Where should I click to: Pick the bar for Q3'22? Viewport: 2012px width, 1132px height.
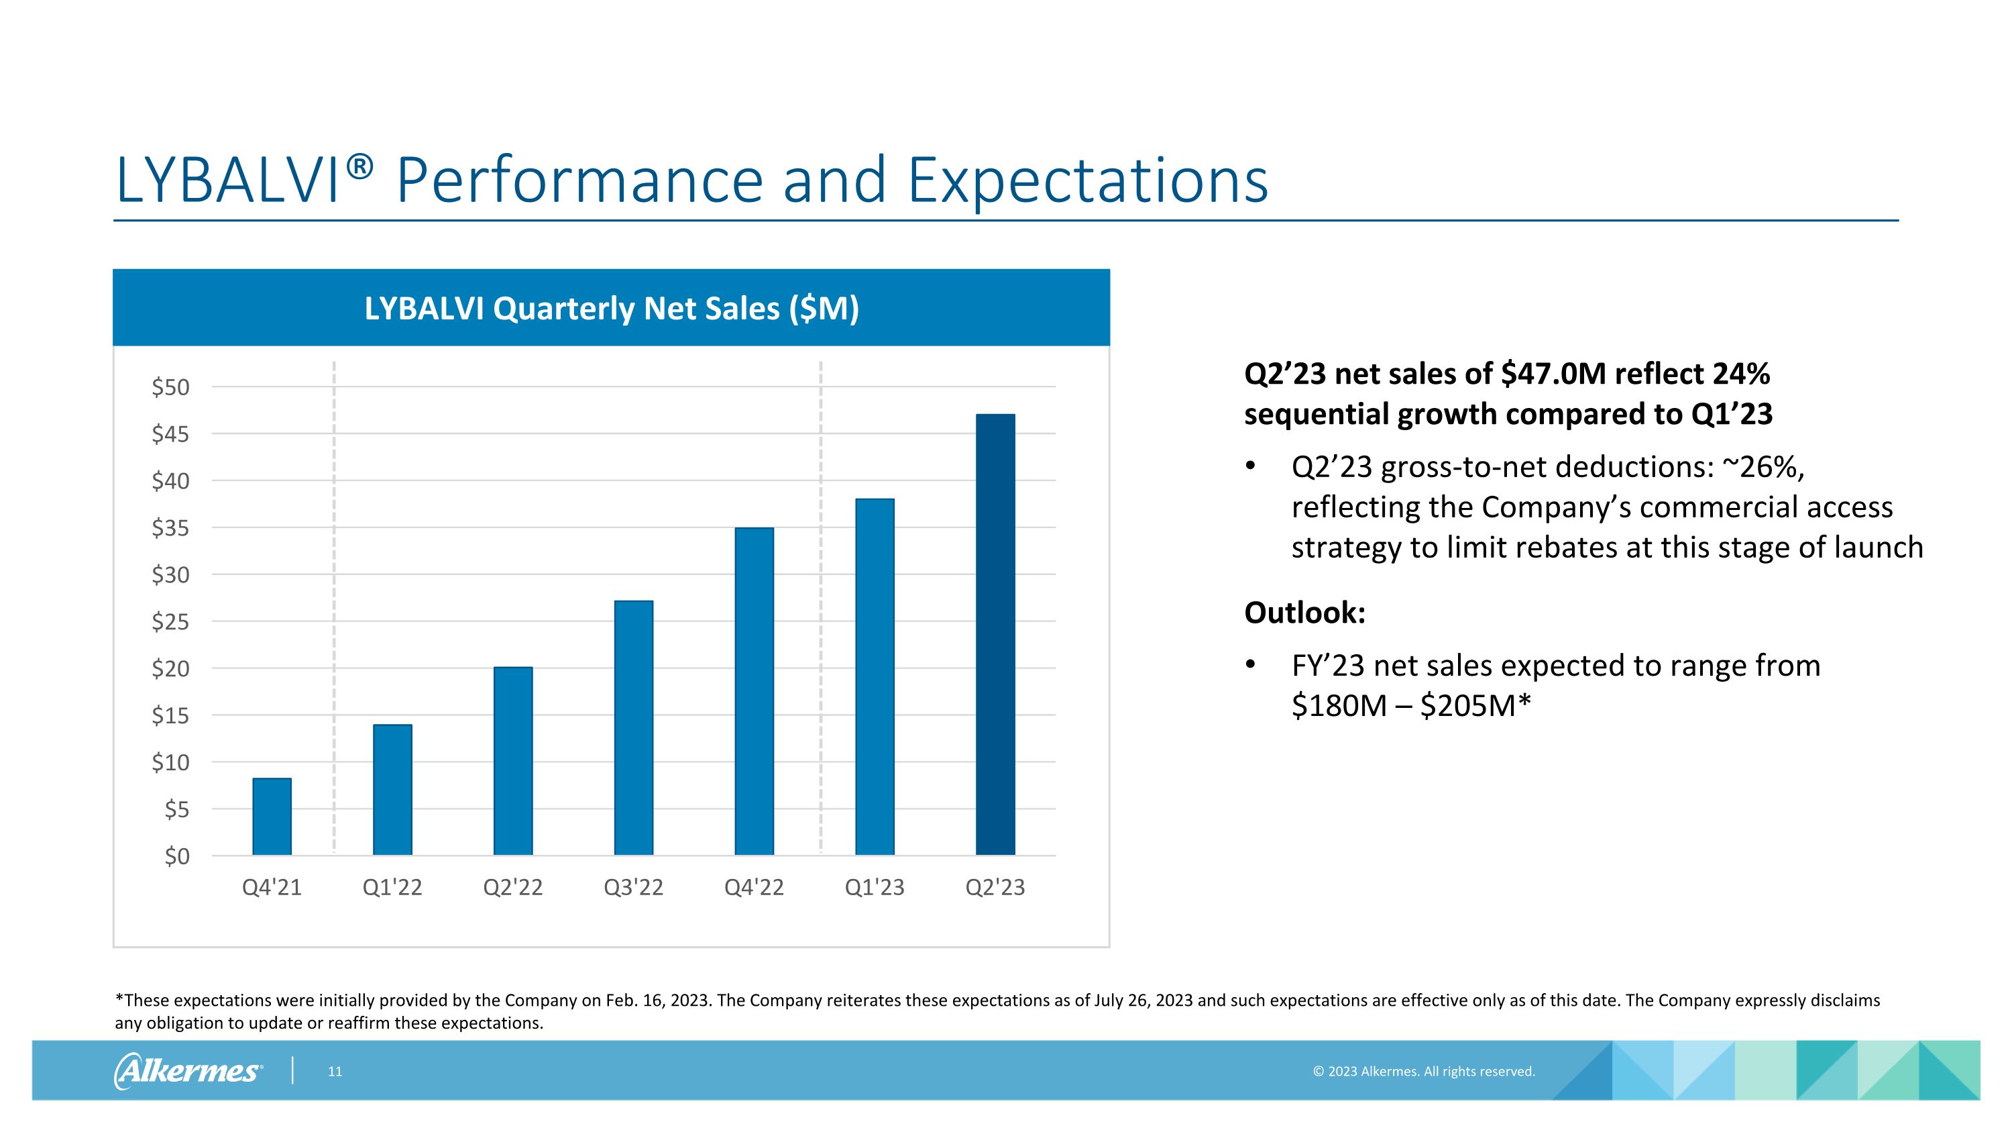click(633, 727)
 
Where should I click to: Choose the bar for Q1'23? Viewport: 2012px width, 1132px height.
click(875, 676)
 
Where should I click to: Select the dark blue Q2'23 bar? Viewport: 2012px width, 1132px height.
click(995, 634)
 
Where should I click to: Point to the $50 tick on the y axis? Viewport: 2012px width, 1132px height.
click(171, 387)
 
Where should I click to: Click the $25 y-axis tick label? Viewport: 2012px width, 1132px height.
click(171, 622)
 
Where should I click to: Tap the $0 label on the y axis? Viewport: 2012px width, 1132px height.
click(176, 856)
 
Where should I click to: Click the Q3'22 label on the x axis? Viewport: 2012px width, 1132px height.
click(633, 888)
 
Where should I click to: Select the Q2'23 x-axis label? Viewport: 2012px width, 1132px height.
click(995, 888)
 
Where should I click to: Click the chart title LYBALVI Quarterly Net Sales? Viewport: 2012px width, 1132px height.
click(612, 308)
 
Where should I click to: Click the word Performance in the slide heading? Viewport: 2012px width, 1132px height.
click(579, 181)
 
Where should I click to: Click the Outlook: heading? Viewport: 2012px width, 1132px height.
click(1304, 613)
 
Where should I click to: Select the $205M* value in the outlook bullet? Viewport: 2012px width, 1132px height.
click(1475, 705)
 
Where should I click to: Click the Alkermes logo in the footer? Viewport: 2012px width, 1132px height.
click(188, 1070)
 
